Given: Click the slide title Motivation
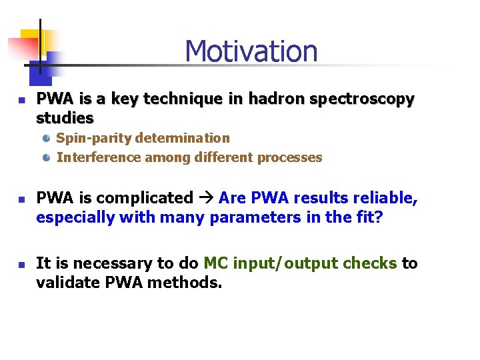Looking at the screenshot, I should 251,51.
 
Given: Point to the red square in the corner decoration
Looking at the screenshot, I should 20,49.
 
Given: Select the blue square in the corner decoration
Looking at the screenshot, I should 53,63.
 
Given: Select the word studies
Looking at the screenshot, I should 65,118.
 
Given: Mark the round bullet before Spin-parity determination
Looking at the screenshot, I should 47,138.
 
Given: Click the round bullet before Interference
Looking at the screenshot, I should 47,157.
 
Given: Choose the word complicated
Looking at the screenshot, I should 153,198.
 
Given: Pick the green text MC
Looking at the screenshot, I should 216,263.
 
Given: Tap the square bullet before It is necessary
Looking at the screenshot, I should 21,265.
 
